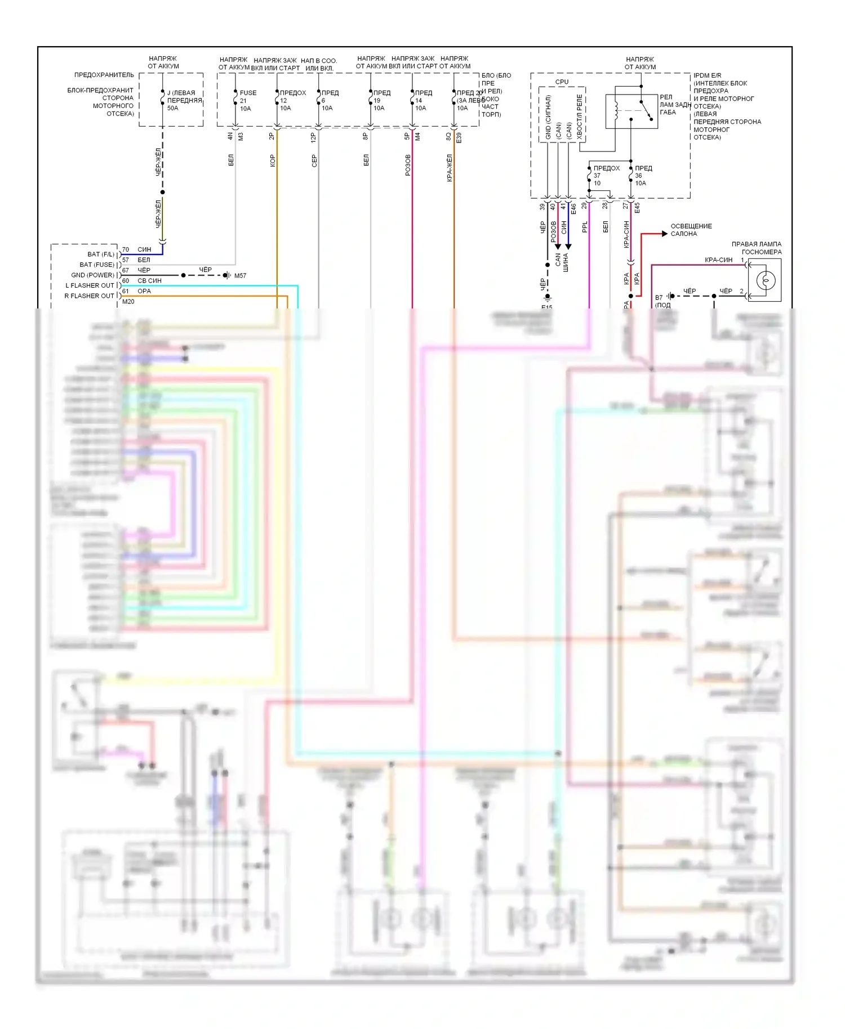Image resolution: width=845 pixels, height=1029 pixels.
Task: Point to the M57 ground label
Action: [240, 276]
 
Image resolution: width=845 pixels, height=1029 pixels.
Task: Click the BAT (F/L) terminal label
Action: [101, 254]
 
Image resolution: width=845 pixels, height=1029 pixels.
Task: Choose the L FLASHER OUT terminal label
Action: [90, 285]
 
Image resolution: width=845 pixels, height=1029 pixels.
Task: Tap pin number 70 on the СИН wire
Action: [126, 249]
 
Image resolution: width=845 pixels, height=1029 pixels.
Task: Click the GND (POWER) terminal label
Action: [92, 275]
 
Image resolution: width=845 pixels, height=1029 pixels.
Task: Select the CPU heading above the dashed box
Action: [562, 82]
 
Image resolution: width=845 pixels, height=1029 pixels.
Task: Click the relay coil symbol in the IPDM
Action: [616, 110]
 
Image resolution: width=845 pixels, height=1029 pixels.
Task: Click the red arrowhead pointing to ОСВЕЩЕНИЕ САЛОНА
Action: [664, 234]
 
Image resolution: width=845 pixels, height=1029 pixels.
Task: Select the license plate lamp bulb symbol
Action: [765, 280]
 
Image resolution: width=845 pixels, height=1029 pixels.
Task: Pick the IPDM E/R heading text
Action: [707, 75]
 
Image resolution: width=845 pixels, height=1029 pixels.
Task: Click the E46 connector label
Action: [573, 208]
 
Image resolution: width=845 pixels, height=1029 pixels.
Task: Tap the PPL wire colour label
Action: [585, 227]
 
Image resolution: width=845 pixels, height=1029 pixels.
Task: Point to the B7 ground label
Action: [659, 298]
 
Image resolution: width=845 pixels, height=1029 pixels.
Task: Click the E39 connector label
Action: [459, 137]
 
